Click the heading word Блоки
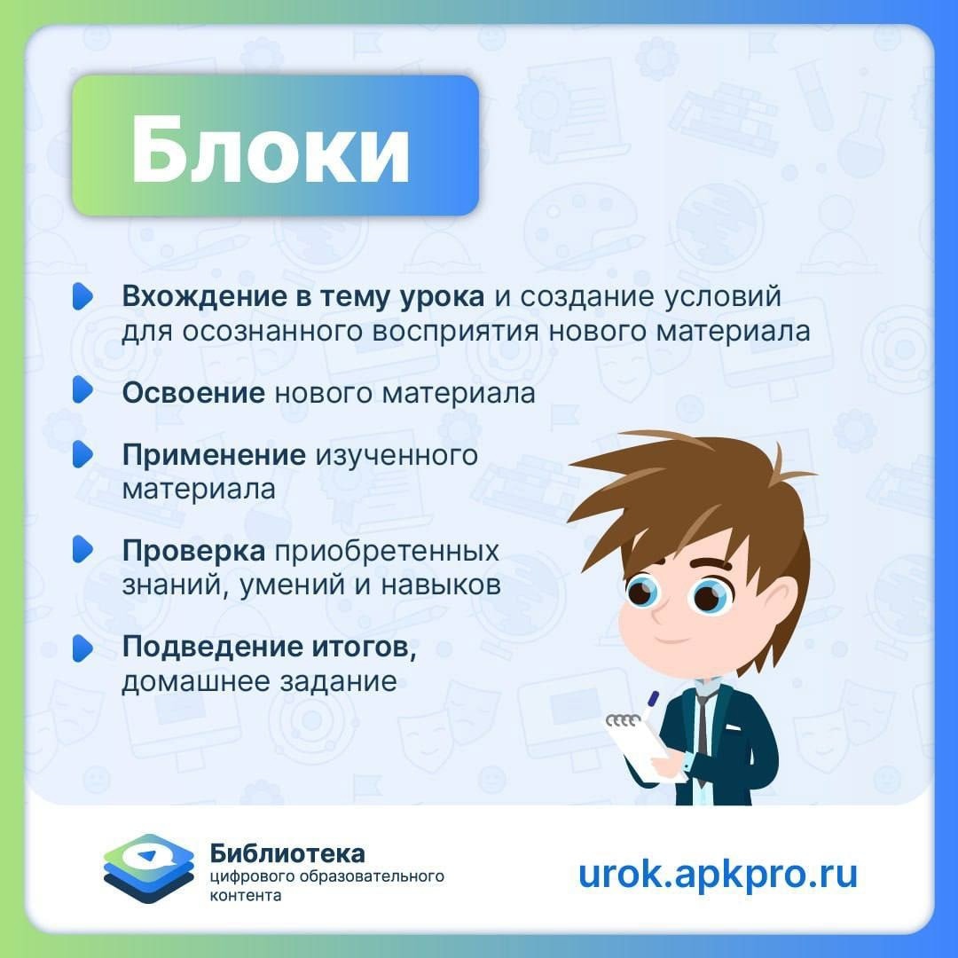pyautogui.click(x=270, y=150)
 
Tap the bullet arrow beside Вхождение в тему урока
pyautogui.click(x=82, y=296)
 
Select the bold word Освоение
pyautogui.click(x=193, y=393)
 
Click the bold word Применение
pyautogui.click(x=214, y=456)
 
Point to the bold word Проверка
pyautogui.click(x=193, y=552)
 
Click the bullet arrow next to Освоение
pyautogui.click(x=82, y=389)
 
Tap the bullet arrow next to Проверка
pyautogui.click(x=82, y=549)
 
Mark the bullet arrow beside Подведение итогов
pyautogui.click(x=82, y=648)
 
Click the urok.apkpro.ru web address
pyautogui.click(x=718, y=875)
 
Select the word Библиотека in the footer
pyautogui.click(x=287, y=853)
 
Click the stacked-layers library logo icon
pyautogui.click(x=148, y=868)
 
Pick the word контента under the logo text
pyautogui.click(x=246, y=896)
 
